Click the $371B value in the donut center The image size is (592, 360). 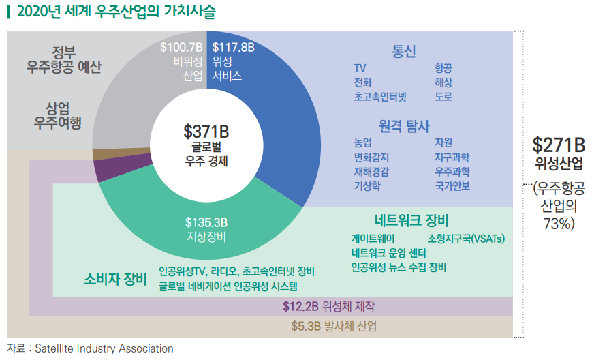click(206, 130)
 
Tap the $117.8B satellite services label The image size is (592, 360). click(233, 48)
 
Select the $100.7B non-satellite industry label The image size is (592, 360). click(181, 48)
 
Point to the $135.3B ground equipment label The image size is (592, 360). click(206, 222)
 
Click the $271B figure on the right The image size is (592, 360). click(558, 145)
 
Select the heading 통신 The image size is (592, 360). click(403, 51)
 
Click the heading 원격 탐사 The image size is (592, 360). click(404, 125)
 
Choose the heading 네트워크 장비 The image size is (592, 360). click(411, 221)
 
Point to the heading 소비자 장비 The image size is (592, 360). click(116, 279)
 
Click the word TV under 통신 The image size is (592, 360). click(360, 68)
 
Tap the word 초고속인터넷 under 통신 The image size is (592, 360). click(379, 97)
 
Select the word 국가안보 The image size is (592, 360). click(452, 185)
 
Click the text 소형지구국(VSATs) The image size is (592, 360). click(466, 239)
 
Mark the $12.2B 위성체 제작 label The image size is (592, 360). click(328, 306)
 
